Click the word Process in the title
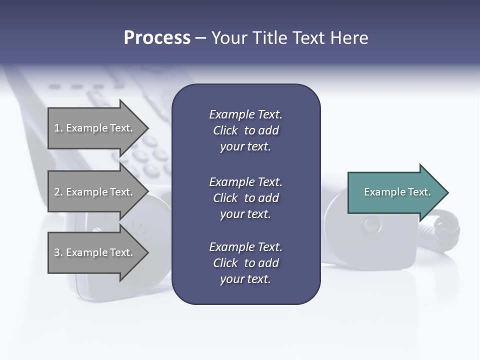[157, 38]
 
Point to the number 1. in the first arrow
[58, 128]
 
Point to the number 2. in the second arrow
[58, 192]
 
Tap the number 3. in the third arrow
[58, 252]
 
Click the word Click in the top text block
[225, 130]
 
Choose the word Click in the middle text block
[225, 198]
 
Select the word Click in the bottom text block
[225, 263]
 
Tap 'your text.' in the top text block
[245, 147]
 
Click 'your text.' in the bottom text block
[245, 279]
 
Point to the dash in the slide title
[200, 38]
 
